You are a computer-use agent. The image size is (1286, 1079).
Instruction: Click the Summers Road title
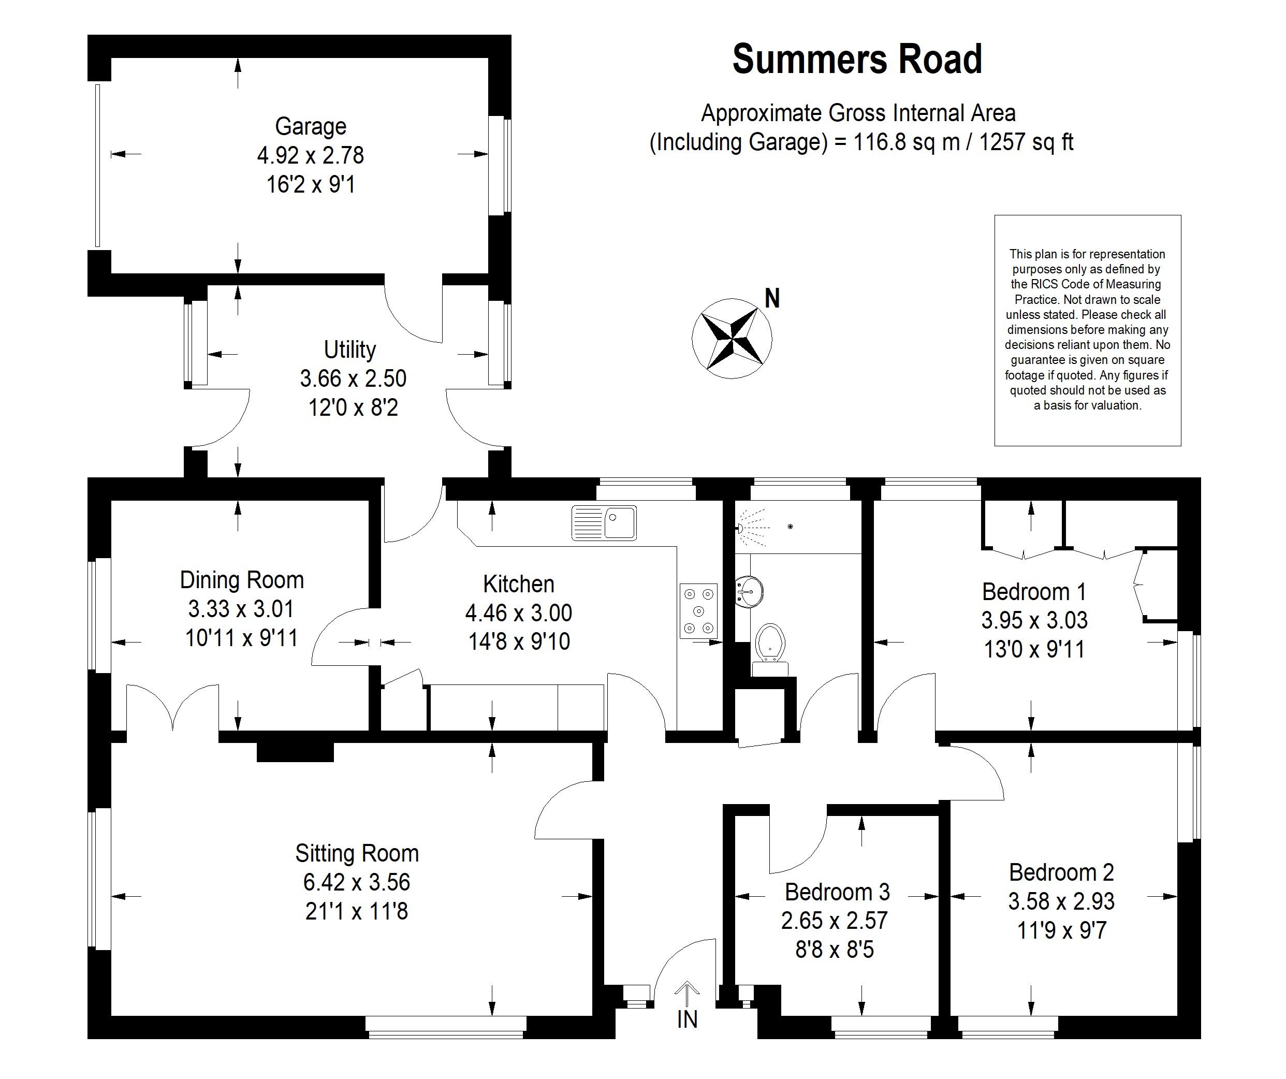857,60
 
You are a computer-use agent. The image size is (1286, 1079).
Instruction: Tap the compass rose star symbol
732,338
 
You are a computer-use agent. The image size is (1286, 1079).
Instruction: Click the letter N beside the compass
772,299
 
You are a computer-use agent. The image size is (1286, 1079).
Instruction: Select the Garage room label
311,126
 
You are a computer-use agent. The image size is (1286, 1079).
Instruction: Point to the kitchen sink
604,522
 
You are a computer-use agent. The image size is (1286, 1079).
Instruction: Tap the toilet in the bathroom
769,644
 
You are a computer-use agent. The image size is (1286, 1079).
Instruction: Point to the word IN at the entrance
687,1019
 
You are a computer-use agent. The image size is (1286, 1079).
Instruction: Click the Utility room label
349,349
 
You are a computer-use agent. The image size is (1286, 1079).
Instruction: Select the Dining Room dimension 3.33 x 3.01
241,609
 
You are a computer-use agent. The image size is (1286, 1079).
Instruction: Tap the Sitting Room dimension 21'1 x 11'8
356,911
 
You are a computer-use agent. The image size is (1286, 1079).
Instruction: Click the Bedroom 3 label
837,892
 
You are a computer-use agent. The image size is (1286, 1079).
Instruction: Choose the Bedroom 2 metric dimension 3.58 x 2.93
1061,901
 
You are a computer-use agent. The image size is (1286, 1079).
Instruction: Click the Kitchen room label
519,584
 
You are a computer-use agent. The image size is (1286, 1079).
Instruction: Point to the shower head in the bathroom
741,527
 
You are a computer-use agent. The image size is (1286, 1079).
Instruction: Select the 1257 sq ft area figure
1026,142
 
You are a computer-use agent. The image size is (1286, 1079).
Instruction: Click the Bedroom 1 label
1034,592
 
